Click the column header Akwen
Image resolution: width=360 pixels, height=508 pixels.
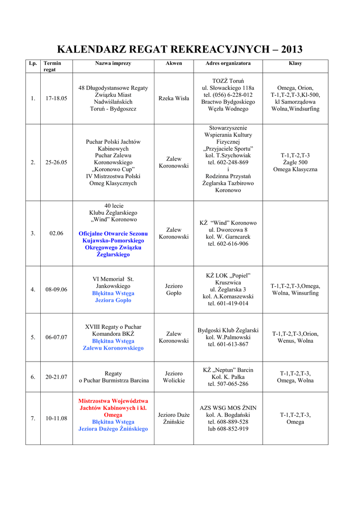point(174,63)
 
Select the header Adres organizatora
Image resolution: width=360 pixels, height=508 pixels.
point(228,63)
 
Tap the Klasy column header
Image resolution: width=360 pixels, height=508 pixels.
point(295,63)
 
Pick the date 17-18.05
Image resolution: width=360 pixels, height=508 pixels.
point(56,98)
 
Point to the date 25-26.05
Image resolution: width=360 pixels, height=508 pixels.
point(56,162)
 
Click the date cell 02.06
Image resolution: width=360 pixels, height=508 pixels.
point(56,233)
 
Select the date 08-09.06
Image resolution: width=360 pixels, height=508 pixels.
point(56,289)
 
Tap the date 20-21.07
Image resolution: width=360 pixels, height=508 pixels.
point(56,377)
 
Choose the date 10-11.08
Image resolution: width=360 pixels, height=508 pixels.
point(56,418)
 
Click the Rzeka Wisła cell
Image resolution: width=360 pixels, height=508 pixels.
point(174,98)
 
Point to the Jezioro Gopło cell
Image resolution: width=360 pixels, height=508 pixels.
point(174,290)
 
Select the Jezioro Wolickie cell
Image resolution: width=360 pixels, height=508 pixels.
point(174,377)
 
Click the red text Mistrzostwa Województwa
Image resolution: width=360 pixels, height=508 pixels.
point(113,401)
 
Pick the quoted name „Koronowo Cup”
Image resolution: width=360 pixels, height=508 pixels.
point(113,169)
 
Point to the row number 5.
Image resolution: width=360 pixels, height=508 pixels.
point(33,337)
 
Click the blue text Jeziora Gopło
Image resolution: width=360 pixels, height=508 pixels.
point(113,300)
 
